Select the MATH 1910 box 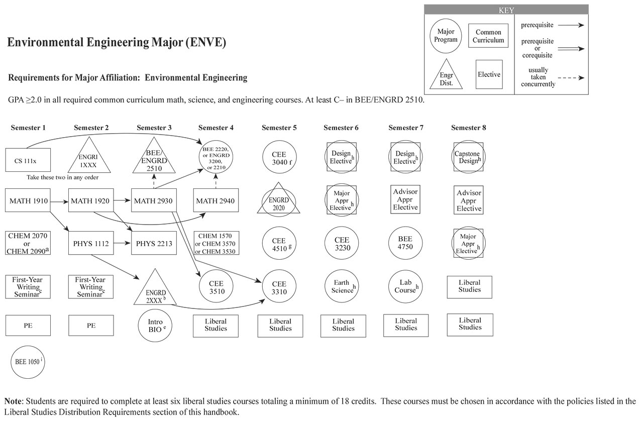point(28,201)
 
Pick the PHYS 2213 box point(153,244)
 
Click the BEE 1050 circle point(29,361)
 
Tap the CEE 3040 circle point(279,159)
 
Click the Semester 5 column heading point(279,128)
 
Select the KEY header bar point(506,10)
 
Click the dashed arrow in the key point(571,78)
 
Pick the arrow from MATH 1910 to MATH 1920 point(59,201)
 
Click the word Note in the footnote point(14,401)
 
